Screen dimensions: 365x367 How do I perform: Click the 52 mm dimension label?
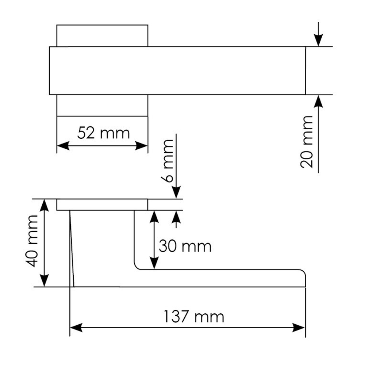(103, 133)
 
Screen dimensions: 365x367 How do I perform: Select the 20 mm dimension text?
(307, 142)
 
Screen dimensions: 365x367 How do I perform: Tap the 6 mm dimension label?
(167, 161)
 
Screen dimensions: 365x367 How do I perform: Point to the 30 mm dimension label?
(185, 246)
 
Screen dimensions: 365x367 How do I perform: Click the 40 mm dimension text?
(32, 241)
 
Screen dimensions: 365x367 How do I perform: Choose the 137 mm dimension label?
(194, 317)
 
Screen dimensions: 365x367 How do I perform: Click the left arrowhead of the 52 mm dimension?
(63, 146)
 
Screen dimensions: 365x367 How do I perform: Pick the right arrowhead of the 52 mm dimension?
(142, 146)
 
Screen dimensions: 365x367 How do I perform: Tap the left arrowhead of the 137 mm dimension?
(76, 328)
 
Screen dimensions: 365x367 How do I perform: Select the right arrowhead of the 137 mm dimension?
(299, 328)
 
